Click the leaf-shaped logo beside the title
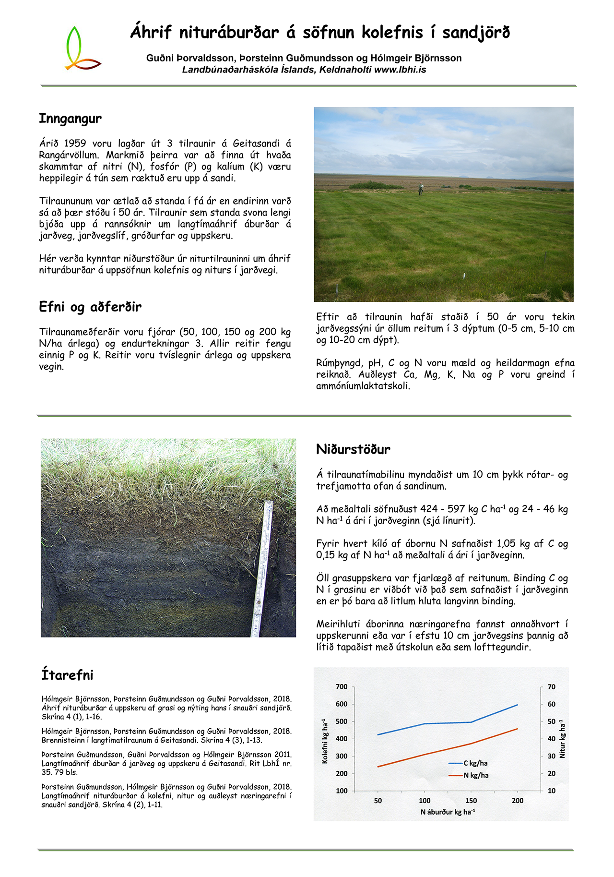(80, 49)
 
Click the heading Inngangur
(70, 119)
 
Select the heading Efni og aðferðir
(90, 307)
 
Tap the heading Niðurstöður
(353, 450)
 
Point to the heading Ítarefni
(67, 675)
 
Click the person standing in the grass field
(421, 189)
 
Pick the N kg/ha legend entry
(475, 775)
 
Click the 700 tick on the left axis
(342, 687)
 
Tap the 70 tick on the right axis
(552, 687)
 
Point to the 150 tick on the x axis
(471, 800)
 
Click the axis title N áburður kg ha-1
(448, 812)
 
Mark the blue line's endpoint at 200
(518, 705)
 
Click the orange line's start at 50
(378, 767)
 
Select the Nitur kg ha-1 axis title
(562, 739)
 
